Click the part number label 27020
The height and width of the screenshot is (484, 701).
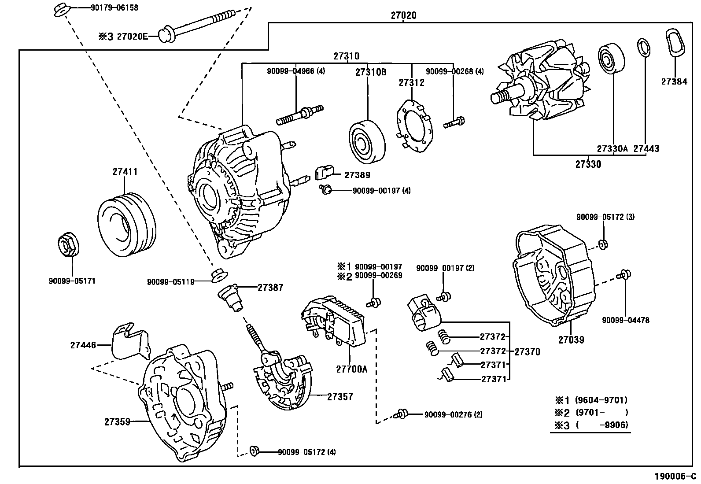coord(403,15)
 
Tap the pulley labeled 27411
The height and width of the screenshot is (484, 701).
coord(127,225)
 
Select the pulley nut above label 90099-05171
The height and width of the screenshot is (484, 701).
coord(69,244)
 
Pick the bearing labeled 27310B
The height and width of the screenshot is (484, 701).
coord(367,142)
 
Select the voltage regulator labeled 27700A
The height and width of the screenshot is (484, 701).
coord(333,321)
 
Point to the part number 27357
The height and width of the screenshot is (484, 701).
coord(340,397)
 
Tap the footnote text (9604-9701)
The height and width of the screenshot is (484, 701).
coord(601,400)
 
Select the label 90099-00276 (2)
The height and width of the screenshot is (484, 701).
coord(453,414)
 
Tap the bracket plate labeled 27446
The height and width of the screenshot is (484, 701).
coord(131,341)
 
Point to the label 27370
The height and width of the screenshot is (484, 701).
coord(528,352)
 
